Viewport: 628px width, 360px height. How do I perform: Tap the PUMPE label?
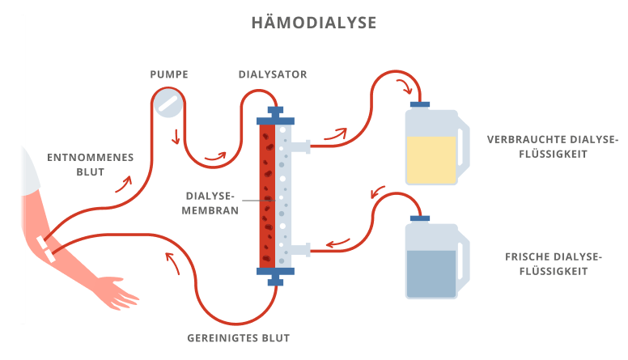coord(169,74)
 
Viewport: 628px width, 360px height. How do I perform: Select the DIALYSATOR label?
coord(273,74)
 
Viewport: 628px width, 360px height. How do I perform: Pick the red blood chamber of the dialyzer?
coord(267,194)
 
